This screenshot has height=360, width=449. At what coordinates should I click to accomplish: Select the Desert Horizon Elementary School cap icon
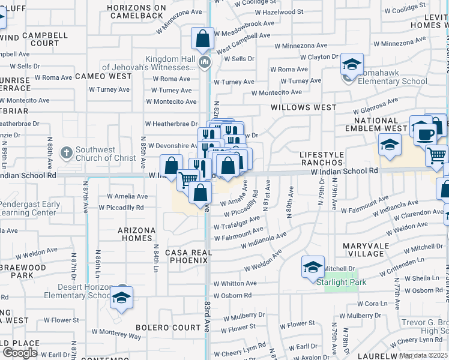[121, 297]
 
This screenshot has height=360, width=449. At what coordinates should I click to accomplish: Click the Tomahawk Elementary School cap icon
[352, 64]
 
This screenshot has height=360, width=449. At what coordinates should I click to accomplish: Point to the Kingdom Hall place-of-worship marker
[205, 62]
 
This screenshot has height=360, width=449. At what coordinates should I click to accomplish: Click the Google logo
[20, 352]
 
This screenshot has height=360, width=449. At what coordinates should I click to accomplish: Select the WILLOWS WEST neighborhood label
[303, 107]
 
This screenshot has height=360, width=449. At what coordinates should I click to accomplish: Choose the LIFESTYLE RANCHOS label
[321, 158]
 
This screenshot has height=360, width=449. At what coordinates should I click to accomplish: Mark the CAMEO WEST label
[103, 76]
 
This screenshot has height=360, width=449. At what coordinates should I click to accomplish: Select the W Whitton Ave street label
[235, 283]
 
